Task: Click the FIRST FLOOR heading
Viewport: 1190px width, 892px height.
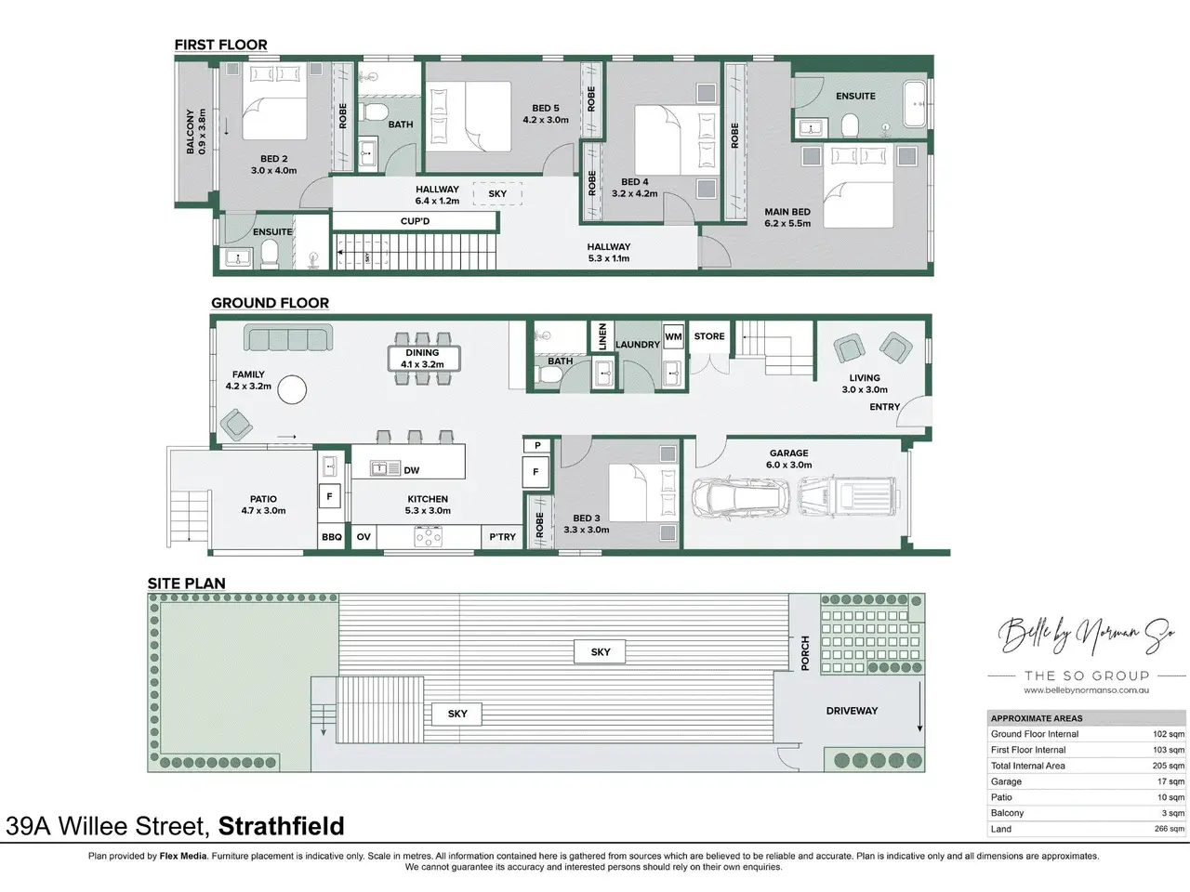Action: (x=220, y=45)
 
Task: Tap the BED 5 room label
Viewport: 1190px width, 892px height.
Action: (x=546, y=109)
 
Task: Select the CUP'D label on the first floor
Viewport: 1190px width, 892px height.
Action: (x=415, y=221)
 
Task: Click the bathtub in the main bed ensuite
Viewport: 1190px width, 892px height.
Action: (x=915, y=104)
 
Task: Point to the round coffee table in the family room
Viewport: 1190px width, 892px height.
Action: (x=292, y=389)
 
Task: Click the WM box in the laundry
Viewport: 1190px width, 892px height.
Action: (x=673, y=337)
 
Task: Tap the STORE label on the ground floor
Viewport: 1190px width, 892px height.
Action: (x=709, y=336)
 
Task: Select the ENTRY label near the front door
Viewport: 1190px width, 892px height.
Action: (x=885, y=407)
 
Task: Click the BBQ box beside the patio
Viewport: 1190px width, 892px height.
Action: (x=331, y=537)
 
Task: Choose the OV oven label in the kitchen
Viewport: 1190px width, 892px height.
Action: (x=364, y=537)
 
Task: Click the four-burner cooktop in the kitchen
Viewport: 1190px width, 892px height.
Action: (x=429, y=537)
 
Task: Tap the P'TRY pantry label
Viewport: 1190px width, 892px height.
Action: (x=503, y=537)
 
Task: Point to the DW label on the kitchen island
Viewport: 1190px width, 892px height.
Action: (x=412, y=470)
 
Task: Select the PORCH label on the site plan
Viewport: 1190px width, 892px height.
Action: (x=805, y=653)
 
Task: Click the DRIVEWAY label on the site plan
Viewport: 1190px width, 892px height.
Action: (x=852, y=711)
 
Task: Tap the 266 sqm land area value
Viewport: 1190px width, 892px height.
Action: (x=1170, y=829)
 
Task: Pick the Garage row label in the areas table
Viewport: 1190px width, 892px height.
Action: (x=1006, y=781)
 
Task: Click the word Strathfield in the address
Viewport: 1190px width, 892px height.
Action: (x=282, y=826)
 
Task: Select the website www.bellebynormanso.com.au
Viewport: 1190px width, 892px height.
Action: (x=1087, y=690)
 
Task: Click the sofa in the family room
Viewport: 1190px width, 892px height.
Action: (x=288, y=337)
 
